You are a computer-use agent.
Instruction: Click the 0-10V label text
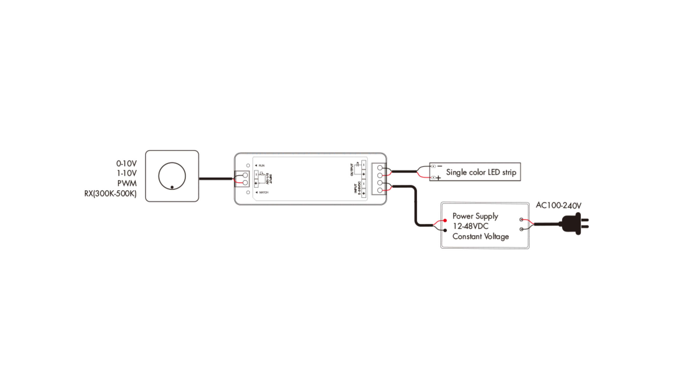point(126,163)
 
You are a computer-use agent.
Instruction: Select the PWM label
point(127,183)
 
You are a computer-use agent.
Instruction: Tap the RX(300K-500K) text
point(110,193)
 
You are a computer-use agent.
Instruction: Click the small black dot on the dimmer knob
point(172,187)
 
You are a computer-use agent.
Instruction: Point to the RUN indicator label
point(261,165)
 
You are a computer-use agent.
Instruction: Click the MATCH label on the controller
point(263,192)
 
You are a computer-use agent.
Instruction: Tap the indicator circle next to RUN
point(248,165)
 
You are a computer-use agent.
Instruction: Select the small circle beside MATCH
point(248,192)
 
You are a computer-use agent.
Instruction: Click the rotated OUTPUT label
point(352,169)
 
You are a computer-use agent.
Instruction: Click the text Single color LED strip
point(481,172)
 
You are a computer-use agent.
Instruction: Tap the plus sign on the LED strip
point(438,178)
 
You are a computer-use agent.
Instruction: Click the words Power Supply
point(475,216)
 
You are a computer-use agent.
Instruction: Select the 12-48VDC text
point(470,226)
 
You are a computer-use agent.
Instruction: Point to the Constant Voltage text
point(480,236)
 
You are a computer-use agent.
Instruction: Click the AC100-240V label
point(558,205)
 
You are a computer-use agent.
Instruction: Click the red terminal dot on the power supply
point(445,220)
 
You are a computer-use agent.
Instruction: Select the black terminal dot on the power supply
point(445,230)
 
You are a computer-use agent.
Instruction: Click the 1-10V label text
point(126,173)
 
